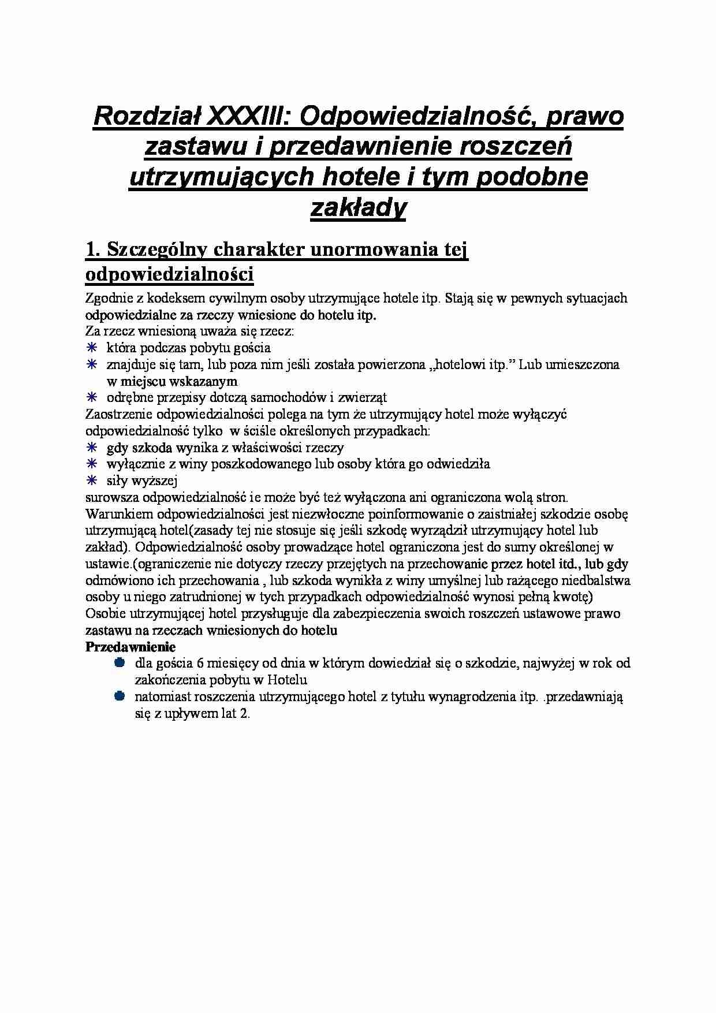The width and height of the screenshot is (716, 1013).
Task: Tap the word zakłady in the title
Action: click(x=358, y=208)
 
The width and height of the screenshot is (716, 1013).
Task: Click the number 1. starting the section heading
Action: click(x=94, y=251)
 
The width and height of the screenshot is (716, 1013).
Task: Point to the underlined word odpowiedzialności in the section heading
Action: click(x=169, y=275)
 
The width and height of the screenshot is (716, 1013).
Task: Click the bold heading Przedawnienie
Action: click(x=130, y=647)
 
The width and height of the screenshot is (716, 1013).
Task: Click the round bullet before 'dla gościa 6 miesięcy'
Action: click(x=120, y=663)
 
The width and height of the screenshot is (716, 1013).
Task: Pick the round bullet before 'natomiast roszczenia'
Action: click(x=120, y=697)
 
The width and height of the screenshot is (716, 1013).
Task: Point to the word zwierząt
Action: click(x=363, y=397)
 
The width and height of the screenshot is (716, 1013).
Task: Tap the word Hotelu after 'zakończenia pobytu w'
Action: click(x=286, y=680)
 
